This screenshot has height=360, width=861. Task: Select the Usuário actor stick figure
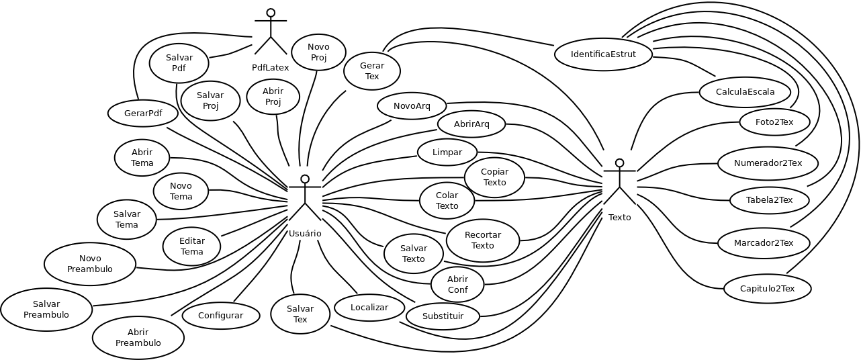tap(305, 198)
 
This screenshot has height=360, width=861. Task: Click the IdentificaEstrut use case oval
tap(603, 54)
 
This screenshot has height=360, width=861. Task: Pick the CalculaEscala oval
tap(744, 92)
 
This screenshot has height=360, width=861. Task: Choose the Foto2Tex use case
tap(774, 122)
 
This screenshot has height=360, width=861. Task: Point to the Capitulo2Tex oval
tap(767, 289)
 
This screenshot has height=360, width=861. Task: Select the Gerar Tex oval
tap(372, 71)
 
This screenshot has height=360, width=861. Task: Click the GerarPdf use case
tap(142, 113)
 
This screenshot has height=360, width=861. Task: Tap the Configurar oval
tap(221, 315)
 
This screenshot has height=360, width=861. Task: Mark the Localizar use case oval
tap(369, 308)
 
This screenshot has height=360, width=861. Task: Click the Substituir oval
tap(443, 316)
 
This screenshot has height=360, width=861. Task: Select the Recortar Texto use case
tap(482, 240)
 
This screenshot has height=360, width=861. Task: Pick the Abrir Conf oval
tap(457, 285)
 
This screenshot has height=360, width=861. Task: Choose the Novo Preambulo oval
tap(90, 264)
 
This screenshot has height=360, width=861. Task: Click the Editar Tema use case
tap(191, 246)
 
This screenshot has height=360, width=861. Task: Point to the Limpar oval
tap(447, 152)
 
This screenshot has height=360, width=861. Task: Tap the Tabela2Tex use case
tap(769, 200)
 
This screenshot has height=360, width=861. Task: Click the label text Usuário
tap(305, 234)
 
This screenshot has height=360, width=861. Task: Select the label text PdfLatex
tap(271, 68)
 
